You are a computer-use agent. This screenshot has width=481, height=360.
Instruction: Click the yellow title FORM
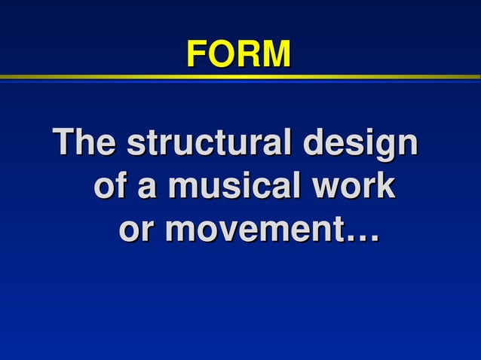[x=238, y=53]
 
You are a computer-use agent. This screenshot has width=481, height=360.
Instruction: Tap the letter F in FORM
[x=196, y=53]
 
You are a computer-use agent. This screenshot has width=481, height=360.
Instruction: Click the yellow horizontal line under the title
[x=240, y=77]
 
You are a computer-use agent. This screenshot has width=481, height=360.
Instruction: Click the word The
[x=84, y=143]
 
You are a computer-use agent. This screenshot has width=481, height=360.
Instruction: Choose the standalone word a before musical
[x=146, y=188]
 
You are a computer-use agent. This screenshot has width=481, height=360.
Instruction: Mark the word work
[x=353, y=187]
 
